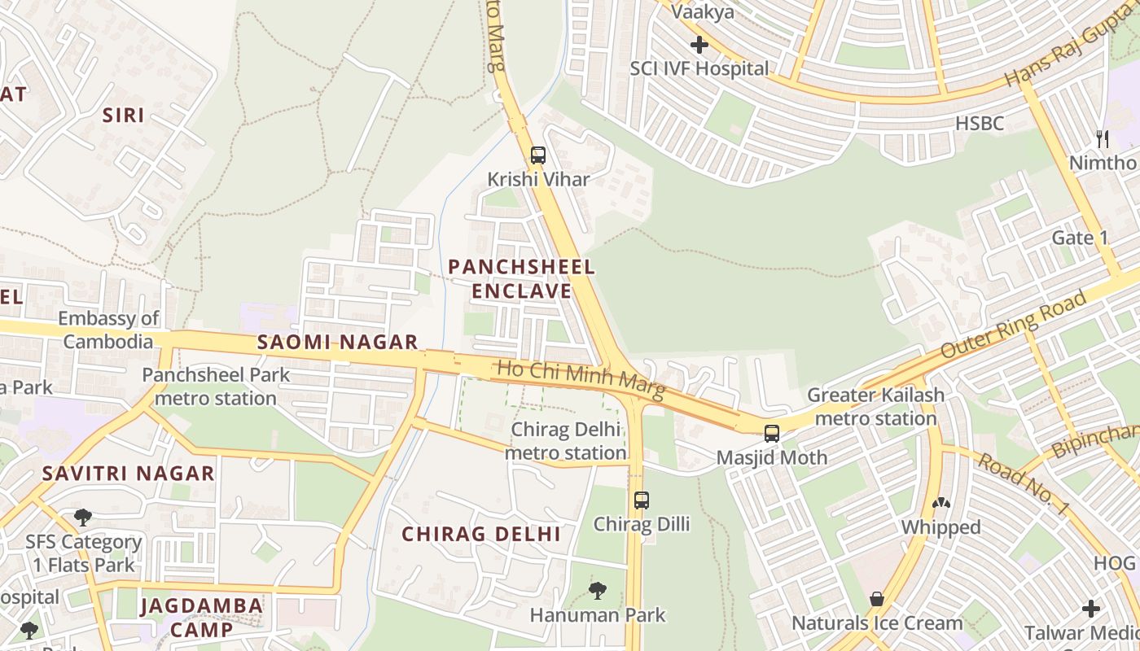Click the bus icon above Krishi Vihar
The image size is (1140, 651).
click(x=537, y=155)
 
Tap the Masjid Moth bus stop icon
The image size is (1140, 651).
click(x=771, y=433)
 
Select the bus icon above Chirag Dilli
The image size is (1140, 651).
click(x=642, y=500)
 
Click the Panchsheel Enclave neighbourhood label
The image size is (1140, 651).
click(x=521, y=278)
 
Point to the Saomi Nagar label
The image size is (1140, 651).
click(x=337, y=343)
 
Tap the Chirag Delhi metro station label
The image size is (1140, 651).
click(x=565, y=440)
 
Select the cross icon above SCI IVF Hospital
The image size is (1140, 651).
click(x=699, y=45)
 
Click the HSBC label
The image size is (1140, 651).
click(x=980, y=124)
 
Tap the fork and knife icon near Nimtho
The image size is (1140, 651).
click(x=1103, y=138)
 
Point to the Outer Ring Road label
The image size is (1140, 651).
click(x=1013, y=325)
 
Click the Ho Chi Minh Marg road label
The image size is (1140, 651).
click(x=581, y=381)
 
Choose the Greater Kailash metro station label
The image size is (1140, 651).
click(x=875, y=406)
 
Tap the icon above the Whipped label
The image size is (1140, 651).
click(x=940, y=504)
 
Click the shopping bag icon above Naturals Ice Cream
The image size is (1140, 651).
click(x=877, y=599)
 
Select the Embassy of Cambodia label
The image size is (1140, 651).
click(x=108, y=330)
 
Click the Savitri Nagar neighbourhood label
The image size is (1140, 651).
click(x=129, y=473)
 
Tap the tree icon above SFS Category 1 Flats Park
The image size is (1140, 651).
click(x=83, y=517)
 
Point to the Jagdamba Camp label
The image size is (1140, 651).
click(x=201, y=617)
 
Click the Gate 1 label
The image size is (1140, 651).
click(x=1080, y=238)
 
